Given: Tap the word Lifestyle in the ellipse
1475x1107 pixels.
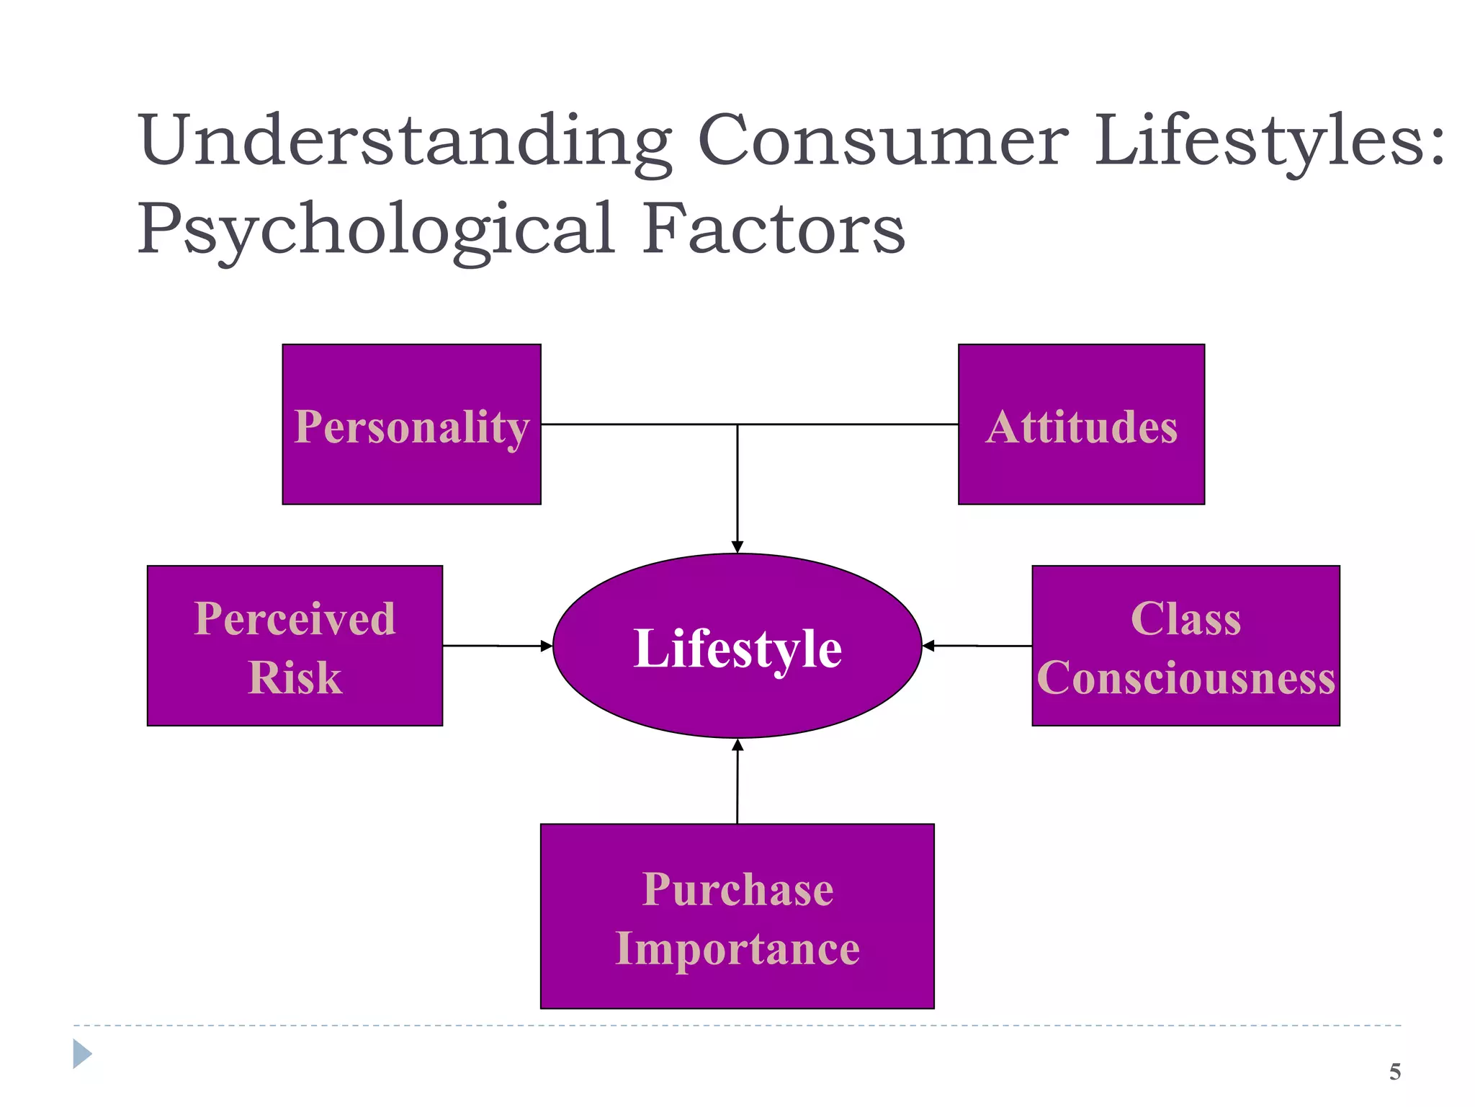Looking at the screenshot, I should pos(737,648).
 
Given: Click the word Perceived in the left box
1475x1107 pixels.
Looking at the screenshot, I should pos(295,618).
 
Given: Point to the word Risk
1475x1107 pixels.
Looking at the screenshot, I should pos(295,677).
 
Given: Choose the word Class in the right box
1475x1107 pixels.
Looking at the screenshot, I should pos(1185,618).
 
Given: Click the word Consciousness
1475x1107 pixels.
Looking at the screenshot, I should pos(1185,678).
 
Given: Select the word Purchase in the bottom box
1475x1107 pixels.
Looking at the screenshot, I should pos(737,889).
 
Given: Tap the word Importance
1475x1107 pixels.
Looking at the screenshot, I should pos(737,948).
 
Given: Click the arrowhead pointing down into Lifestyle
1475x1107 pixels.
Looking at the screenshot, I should pos(737,547).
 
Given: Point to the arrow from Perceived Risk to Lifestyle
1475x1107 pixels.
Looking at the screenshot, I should pos(497,646).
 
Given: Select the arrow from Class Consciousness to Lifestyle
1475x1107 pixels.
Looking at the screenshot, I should pos(977,646).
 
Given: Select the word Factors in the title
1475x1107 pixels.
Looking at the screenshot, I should pos(774,228).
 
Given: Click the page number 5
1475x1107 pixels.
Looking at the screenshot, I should pos(1395,1072).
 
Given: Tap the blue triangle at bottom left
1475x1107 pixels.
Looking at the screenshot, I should pos(81,1054).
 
